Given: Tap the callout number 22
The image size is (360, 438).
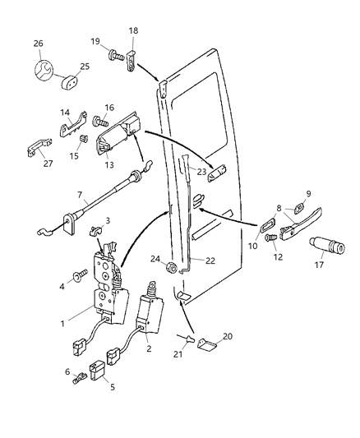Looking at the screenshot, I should tap(210, 261).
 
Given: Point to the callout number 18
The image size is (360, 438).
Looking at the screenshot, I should tap(134, 30).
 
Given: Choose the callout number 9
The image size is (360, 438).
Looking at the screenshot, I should tap(307, 195).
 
